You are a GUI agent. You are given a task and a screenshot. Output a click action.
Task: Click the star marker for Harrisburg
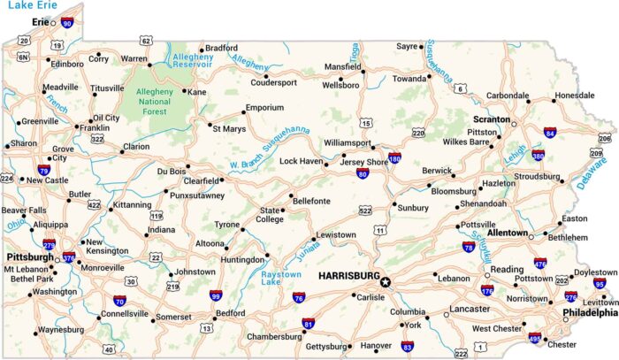tap(386, 282)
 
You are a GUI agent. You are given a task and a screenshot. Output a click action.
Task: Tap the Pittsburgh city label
tap(28, 257)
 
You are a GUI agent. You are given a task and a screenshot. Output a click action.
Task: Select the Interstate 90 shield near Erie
tap(67, 23)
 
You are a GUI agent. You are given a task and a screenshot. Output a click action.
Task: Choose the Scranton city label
tap(491, 119)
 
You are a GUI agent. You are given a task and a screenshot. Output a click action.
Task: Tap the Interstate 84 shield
tap(550, 132)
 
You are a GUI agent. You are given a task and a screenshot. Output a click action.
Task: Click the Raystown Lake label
tap(282, 280)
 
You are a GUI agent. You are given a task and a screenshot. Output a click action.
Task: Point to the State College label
tap(270, 215)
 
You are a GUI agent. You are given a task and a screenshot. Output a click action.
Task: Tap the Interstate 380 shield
tap(538, 157)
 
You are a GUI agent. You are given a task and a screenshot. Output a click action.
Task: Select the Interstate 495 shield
tap(534, 337)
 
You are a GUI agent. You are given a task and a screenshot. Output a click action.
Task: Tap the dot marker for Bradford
tap(202, 50)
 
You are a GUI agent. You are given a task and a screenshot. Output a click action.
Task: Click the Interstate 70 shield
tap(118, 303)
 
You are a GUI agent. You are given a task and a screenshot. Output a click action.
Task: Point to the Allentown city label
tap(508, 233)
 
